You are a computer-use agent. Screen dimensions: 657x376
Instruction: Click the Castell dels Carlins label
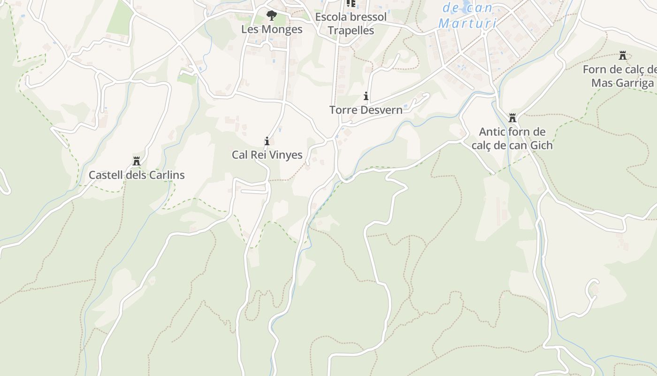[137, 175]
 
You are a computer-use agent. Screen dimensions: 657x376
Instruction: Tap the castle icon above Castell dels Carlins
[137, 162]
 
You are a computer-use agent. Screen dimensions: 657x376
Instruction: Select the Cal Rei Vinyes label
[267, 155]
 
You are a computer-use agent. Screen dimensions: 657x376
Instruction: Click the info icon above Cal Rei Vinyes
[267, 141]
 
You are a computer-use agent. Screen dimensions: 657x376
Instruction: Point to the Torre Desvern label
[366, 110]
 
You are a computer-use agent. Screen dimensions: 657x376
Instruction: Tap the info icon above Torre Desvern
[366, 96]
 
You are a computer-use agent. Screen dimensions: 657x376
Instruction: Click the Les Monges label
[272, 29]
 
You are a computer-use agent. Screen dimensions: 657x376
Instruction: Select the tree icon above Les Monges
[271, 16]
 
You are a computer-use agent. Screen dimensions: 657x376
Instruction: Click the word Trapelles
[351, 31]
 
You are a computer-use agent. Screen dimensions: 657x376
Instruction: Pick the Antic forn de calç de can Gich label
[512, 138]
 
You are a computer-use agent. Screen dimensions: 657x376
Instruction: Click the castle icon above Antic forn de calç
[512, 118]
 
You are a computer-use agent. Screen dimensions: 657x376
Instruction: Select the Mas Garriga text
[622, 83]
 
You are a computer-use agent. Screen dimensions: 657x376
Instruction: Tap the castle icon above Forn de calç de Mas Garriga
[623, 55]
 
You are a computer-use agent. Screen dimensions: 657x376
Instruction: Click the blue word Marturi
[467, 23]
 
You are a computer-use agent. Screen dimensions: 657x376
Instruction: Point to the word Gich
[541, 145]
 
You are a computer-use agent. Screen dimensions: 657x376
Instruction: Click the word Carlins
[167, 175]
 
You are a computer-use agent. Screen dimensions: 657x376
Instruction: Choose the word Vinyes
[286, 155]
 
